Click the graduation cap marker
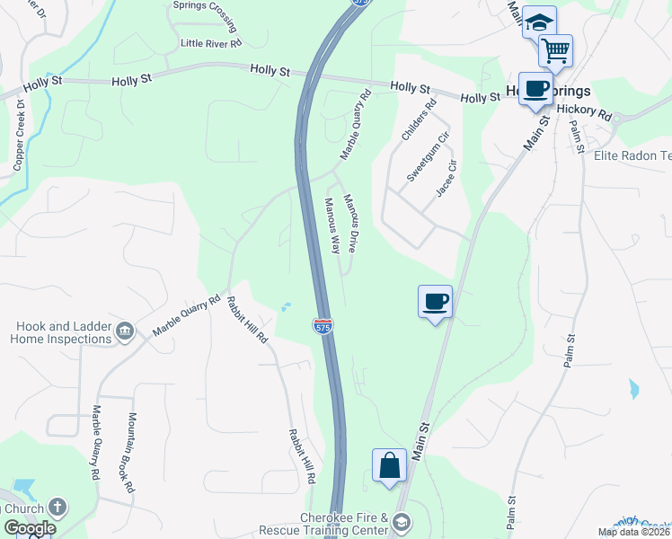539,22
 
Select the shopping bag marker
389,466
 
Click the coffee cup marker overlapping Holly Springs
535,90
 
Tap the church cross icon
57,508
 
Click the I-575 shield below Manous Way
323,326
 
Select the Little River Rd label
211,43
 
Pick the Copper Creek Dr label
19,138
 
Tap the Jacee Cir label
447,179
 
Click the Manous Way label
332,225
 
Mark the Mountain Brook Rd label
130,453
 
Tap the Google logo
29,528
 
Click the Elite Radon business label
632,155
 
